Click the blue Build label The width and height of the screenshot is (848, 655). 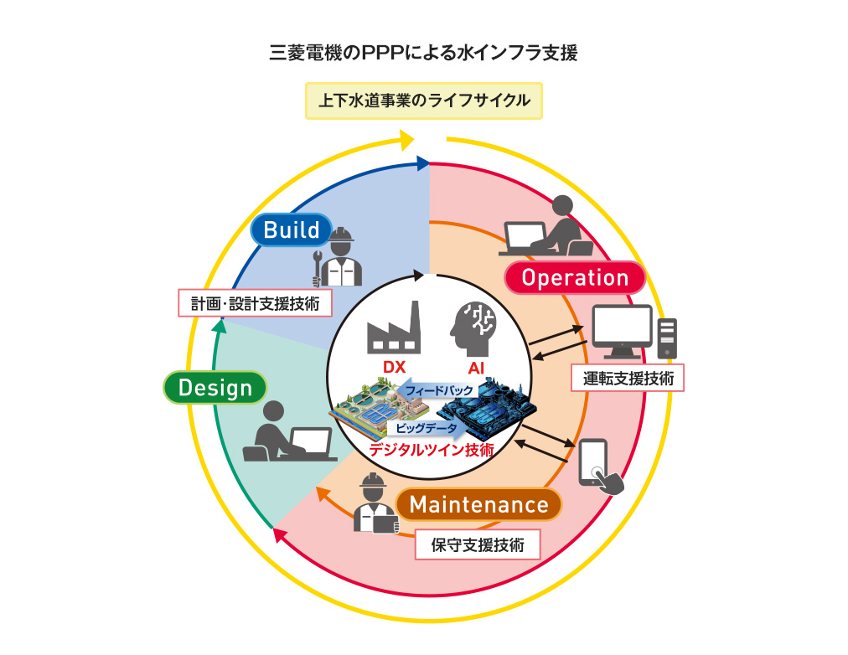tap(291, 230)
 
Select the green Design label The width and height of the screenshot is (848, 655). tap(215, 388)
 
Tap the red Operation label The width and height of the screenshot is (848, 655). tap(575, 278)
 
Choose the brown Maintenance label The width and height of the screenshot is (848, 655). tap(478, 505)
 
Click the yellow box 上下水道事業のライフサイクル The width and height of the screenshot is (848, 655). tap(423, 101)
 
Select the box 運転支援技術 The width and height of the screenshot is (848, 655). tap(628, 377)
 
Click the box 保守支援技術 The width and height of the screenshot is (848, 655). tap(478, 545)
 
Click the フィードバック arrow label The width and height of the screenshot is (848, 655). tap(437, 390)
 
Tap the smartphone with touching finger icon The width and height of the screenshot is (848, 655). tap(602, 467)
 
